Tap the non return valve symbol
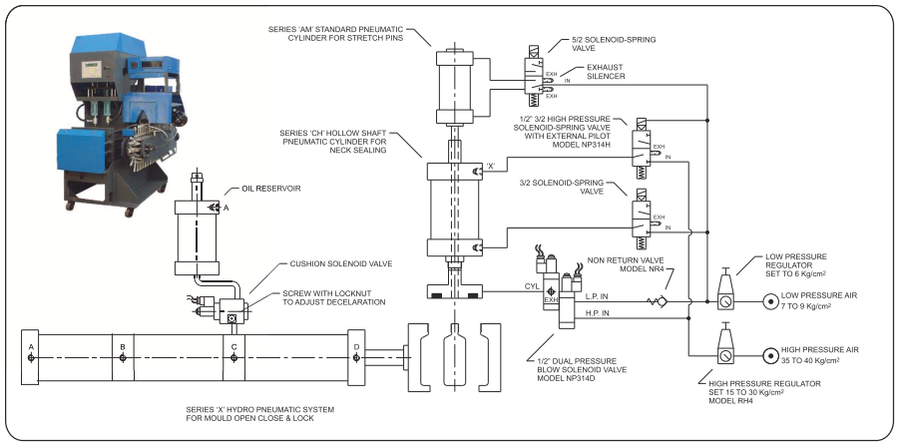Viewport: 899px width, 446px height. [657, 301]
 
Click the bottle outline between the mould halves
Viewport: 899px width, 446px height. [455, 357]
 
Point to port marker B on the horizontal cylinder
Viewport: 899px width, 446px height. [122, 358]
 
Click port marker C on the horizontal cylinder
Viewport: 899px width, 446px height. [233, 358]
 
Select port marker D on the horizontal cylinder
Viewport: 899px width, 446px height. [356, 358]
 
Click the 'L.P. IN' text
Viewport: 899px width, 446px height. [597, 297]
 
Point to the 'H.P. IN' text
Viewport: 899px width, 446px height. [597, 313]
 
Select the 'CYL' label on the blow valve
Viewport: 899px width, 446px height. [532, 285]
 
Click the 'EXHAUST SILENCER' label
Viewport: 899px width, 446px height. [606, 72]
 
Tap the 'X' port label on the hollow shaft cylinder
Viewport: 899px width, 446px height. [491, 167]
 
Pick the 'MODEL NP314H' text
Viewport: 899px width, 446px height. [581, 145]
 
